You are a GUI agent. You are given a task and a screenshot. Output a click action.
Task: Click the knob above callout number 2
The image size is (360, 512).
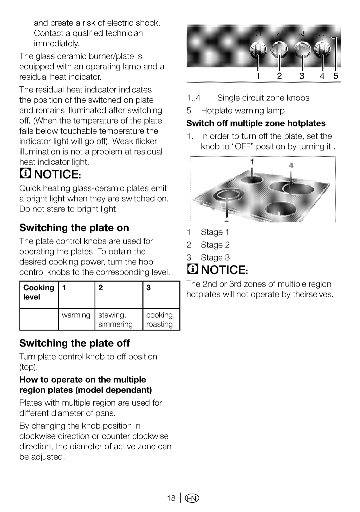click(x=279, y=49)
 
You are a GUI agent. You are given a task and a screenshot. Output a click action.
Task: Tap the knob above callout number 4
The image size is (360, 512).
click(x=322, y=49)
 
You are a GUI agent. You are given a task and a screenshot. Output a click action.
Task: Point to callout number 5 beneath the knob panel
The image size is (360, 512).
click(x=336, y=76)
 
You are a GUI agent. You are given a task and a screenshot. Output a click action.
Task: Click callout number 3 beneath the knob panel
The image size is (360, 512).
click(x=302, y=76)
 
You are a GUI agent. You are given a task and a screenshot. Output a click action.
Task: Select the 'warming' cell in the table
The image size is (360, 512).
click(x=76, y=319)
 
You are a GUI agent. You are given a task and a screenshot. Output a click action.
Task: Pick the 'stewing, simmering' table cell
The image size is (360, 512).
click(x=119, y=319)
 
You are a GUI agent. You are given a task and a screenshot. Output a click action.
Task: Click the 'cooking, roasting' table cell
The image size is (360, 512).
click(x=161, y=319)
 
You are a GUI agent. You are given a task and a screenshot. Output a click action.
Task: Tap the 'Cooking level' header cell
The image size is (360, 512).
click(x=39, y=295)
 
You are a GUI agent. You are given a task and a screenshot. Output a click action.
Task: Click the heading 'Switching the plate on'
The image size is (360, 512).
click(x=74, y=228)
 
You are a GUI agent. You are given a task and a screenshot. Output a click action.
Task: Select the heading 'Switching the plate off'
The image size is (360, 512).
click(x=74, y=343)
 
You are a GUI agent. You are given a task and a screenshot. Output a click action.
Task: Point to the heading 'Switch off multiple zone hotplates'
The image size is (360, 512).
click(x=256, y=123)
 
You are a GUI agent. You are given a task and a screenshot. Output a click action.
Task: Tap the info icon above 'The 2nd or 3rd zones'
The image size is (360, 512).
click(x=192, y=269)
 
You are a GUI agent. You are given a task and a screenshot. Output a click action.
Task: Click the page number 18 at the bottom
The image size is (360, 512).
click(x=171, y=498)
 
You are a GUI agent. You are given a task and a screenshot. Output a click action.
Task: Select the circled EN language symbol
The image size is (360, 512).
click(x=192, y=498)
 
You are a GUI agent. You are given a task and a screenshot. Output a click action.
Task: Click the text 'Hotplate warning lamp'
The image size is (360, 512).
click(x=243, y=111)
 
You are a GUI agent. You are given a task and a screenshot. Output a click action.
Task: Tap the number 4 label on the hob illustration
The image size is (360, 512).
click(x=291, y=165)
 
